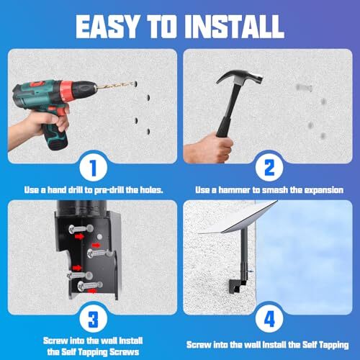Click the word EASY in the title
coord(107,26)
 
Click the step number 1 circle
coord(93,167)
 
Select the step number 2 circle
coord(269,167)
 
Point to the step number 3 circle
coord(93,319)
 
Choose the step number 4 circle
coord(269,319)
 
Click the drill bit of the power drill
coord(116,86)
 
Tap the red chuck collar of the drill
coord(66,90)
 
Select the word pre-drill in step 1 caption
coord(109,190)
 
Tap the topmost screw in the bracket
coord(81,229)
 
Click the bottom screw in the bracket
coord(90,285)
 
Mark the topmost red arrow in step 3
coord(79,237)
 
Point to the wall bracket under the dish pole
coord(237,285)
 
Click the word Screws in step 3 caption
coord(125,352)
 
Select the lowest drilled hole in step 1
coord(148,132)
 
